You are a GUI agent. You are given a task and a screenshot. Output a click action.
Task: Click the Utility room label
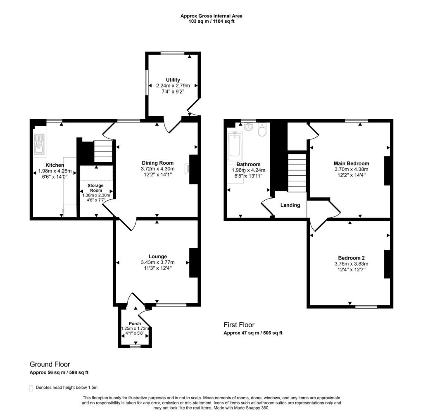173,80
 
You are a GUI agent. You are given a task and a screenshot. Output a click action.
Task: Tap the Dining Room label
158,163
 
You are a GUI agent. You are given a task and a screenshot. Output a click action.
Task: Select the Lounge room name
158,256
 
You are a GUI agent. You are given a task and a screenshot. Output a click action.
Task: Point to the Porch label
135,324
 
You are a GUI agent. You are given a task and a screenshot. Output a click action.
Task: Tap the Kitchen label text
55,165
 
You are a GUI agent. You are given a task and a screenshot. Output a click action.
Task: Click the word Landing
290,205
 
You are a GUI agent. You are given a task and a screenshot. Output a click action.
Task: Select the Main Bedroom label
352,163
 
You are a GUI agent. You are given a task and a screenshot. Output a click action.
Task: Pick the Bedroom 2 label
352,257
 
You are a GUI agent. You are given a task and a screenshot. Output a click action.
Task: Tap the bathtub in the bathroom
235,146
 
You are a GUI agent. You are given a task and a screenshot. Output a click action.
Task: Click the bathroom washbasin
249,127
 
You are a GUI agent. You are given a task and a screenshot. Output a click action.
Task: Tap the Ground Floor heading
50,364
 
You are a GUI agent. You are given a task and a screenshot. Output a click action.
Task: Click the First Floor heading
245,325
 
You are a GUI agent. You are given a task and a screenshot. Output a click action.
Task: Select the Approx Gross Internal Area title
211,16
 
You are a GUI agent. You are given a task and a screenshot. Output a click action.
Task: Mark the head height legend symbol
31,388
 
